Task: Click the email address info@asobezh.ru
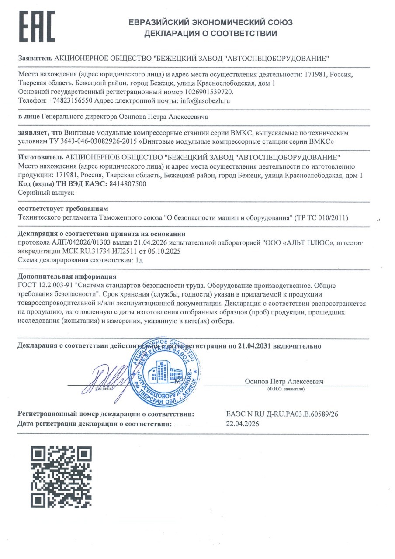click(205, 100)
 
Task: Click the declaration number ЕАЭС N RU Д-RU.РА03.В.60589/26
click(280, 414)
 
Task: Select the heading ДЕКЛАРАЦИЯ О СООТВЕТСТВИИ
click(211, 33)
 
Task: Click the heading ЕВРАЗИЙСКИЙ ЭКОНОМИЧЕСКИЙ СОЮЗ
click(211, 23)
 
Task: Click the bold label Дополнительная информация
click(67, 276)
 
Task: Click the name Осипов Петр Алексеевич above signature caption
click(284, 382)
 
